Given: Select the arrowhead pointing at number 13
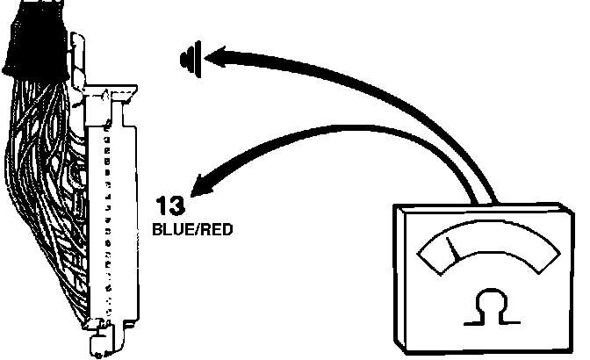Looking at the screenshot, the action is click(x=204, y=184).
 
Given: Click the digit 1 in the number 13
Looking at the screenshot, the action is click(x=162, y=206).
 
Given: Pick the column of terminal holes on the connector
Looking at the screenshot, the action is click(x=107, y=220).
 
